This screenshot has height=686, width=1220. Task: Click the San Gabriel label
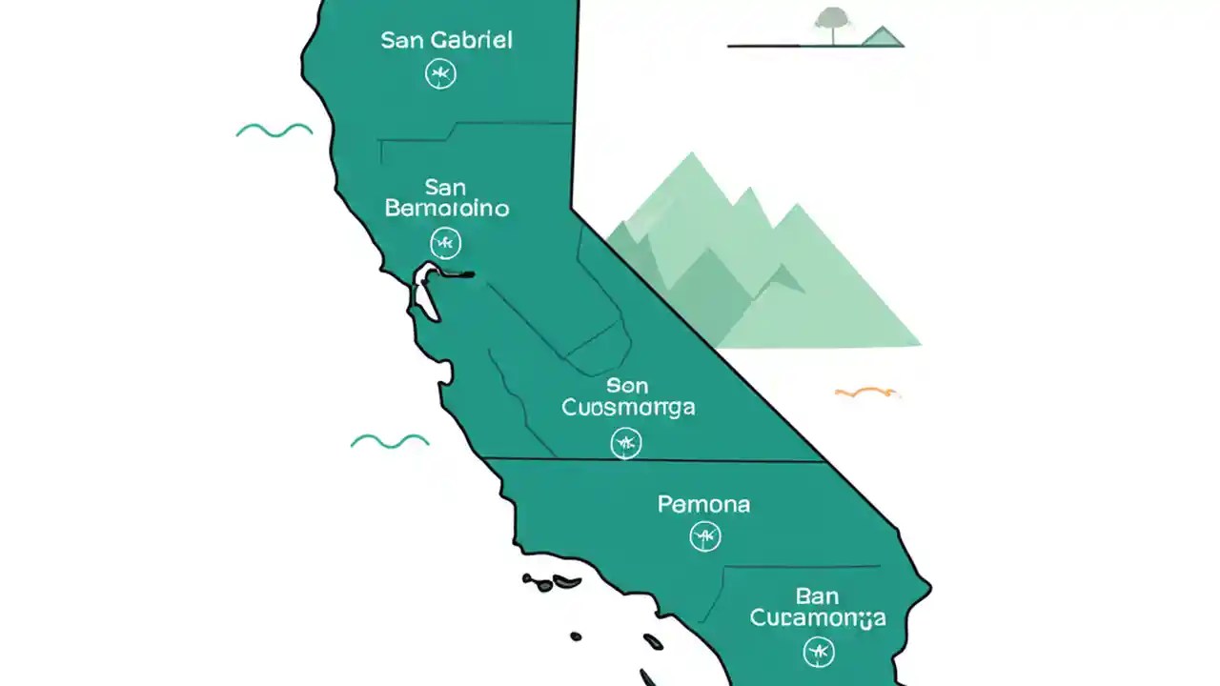[x=446, y=40]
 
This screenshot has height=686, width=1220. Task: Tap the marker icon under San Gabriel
[x=440, y=73]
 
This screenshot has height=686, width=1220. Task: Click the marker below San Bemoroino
[x=445, y=243]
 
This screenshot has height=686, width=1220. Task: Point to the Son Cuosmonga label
[x=628, y=396]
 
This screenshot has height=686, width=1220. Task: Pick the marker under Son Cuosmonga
[x=626, y=442]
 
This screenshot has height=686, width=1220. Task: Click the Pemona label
[x=704, y=504]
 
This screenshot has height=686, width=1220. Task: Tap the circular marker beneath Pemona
[x=705, y=537]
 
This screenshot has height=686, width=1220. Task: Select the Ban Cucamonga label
[x=818, y=607]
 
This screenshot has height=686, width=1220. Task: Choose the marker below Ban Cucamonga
[x=819, y=652]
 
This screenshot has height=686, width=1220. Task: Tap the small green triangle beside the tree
[x=882, y=36]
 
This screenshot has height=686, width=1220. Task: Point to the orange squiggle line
[x=866, y=392]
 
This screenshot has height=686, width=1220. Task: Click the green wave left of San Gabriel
[x=274, y=131]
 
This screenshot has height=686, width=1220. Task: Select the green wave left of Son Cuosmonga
[x=390, y=440]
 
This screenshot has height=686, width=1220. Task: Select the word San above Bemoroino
[x=445, y=186]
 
